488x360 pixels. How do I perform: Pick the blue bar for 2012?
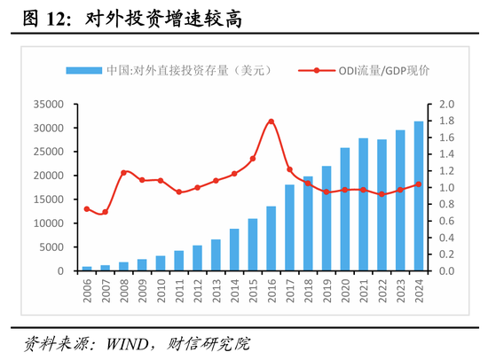pos(197,258)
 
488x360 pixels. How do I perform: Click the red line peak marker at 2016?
pos(271,121)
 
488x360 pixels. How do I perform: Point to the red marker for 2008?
pos(123,172)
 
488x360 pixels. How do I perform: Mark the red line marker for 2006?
pos(87,209)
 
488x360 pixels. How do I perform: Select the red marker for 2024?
pos(418,184)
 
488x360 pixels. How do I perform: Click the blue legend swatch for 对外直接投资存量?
pos(83,70)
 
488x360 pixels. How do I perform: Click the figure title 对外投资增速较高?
pos(164,18)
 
